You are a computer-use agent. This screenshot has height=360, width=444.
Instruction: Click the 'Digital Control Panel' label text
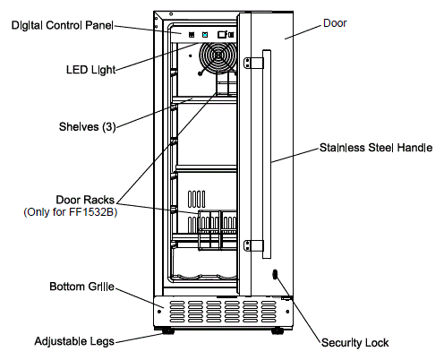pyautogui.click(x=60, y=25)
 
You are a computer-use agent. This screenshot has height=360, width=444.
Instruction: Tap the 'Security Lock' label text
pyautogui.click(x=354, y=342)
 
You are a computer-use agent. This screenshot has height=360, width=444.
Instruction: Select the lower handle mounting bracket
pyautogui.click(x=252, y=244)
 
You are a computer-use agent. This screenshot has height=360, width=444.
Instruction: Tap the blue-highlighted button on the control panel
pyautogui.click(x=206, y=35)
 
